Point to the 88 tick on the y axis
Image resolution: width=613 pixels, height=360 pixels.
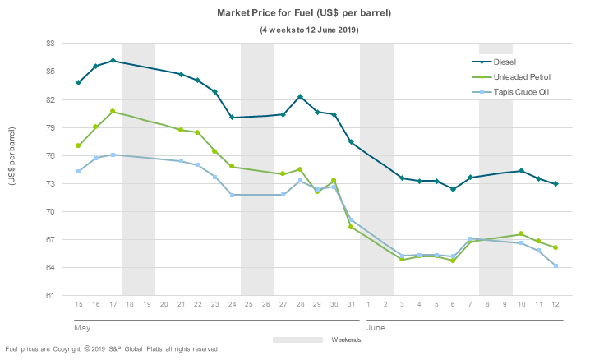50,44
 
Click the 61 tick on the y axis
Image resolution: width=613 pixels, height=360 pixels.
50,296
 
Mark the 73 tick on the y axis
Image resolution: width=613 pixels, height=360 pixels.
50,184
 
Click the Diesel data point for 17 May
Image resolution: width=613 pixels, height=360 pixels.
113,61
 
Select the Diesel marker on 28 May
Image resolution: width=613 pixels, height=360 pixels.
300,97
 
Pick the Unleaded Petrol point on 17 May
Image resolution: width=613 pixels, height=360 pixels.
113,111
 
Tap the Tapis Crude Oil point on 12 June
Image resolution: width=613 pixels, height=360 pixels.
556,265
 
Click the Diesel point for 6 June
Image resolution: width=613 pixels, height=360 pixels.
453,189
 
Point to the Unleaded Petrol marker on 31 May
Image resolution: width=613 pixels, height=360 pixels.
351,227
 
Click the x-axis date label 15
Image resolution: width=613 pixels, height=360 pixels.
78,305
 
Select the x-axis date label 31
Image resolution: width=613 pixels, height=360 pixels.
351,305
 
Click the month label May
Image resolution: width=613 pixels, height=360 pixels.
81,326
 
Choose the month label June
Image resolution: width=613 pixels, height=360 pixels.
374,326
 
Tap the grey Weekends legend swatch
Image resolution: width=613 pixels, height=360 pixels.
297,339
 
